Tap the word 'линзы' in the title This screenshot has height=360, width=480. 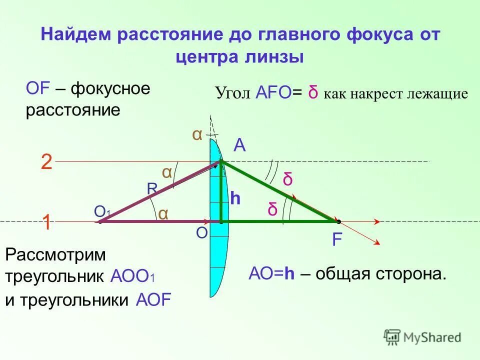pyautogui.click(x=277, y=57)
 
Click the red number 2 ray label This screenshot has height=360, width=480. pyautogui.click(x=46, y=162)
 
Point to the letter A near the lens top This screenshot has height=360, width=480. pyautogui.click(x=239, y=145)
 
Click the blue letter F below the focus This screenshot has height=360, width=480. pyautogui.click(x=337, y=240)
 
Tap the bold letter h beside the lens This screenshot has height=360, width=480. pyautogui.click(x=235, y=199)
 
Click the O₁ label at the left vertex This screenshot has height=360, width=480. pyautogui.click(x=102, y=212)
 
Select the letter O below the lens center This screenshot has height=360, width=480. pyautogui.click(x=201, y=234)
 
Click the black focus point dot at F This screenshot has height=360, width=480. pyautogui.click(x=338, y=221)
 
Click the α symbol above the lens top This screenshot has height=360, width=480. pyautogui.click(x=197, y=135)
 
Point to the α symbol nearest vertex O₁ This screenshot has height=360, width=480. pyautogui.click(x=163, y=213)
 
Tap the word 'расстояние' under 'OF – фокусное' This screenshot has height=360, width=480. pyautogui.click(x=73, y=110)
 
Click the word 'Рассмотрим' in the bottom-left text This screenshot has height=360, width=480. pyautogui.click(x=56, y=254)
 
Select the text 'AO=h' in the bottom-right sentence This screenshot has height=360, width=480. pyautogui.click(x=270, y=274)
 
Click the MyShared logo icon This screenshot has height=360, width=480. pyautogui.click(x=393, y=336)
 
